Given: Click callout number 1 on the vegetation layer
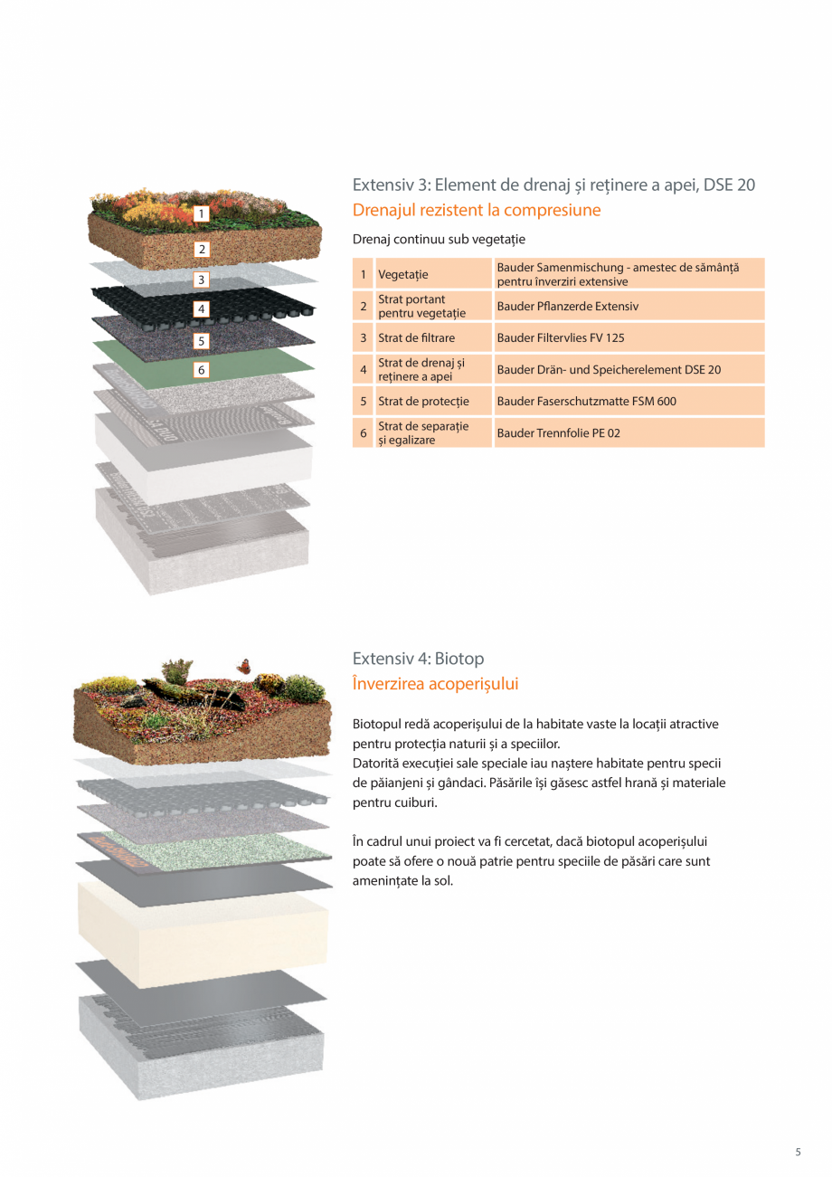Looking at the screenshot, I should point(202,214).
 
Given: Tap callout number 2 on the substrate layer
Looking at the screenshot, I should point(202,249).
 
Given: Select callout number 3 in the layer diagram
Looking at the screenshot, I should point(202,280).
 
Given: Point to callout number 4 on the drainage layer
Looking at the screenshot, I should point(202,309).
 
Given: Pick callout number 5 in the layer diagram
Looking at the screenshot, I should point(202,341).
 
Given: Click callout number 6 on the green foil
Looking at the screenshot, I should point(202,370).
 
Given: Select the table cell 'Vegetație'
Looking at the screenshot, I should point(403,274).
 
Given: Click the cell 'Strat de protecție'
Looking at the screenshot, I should point(417,401).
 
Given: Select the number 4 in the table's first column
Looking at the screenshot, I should point(363,370).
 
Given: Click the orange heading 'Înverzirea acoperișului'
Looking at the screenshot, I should point(436,684).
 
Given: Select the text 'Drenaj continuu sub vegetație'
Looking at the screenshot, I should point(439,240).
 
